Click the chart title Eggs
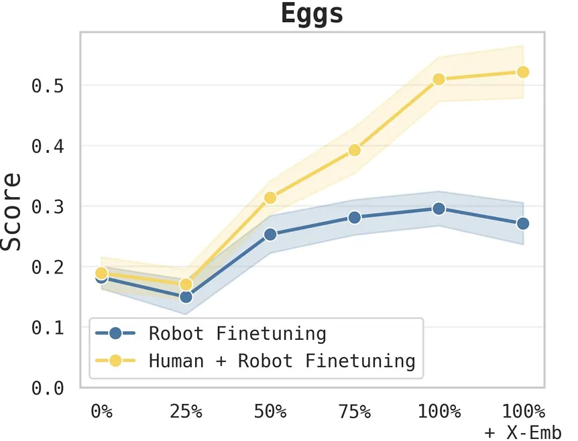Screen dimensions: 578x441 312,15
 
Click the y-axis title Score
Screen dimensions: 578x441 11,212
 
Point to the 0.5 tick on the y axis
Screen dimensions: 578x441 48,86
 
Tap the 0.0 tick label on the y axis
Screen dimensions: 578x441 48,388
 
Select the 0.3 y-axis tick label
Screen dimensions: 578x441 48,206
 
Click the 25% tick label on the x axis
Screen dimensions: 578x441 186,411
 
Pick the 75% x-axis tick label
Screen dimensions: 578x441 355,411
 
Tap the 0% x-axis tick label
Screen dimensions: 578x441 102,411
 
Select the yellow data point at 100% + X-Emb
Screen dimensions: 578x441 523,72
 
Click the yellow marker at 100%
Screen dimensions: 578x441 439,79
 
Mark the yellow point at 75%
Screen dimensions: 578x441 355,150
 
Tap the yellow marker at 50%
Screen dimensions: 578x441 270,198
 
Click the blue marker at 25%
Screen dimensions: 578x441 186,297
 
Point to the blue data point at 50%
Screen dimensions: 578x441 270,235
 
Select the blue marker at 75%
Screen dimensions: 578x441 355,217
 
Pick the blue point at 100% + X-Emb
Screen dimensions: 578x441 523,223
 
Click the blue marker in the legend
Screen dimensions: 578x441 116,333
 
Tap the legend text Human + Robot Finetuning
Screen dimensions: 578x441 282,361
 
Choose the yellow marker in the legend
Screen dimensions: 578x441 116,361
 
